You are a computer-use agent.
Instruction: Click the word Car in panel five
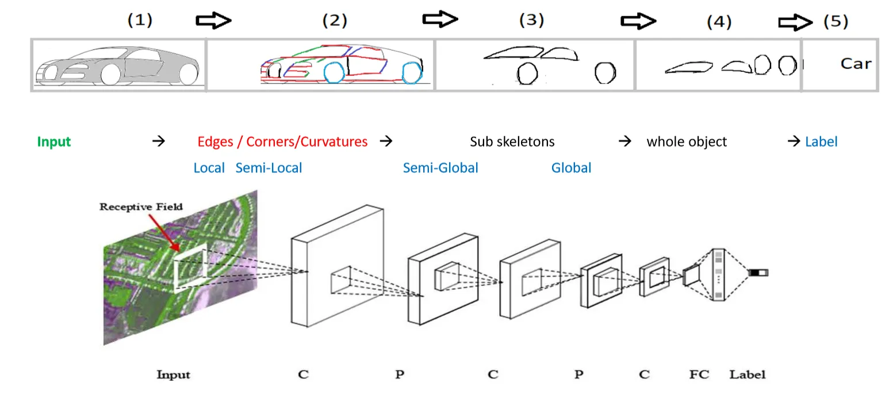click(x=856, y=64)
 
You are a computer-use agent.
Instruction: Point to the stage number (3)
click(x=531, y=20)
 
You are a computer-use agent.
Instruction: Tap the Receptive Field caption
click(x=141, y=206)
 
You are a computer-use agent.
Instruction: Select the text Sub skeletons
click(x=512, y=141)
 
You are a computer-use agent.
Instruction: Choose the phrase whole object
click(x=687, y=141)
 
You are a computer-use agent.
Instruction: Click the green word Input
click(x=54, y=141)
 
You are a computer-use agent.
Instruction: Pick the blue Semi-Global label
click(x=440, y=168)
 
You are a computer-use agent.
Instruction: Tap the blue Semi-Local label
click(x=269, y=168)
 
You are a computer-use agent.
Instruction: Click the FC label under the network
click(x=699, y=374)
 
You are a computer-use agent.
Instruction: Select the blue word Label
click(x=821, y=141)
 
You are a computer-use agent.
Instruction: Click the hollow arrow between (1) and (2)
click(x=213, y=21)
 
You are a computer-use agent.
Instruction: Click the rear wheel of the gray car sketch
click(x=188, y=74)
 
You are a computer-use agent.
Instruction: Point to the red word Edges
click(x=215, y=141)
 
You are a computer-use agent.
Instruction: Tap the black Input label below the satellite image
click(x=173, y=375)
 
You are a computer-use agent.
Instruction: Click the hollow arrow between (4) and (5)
click(x=795, y=22)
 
